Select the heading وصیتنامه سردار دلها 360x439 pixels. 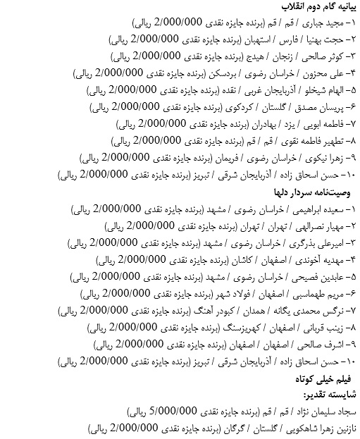click(x=312, y=192)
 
